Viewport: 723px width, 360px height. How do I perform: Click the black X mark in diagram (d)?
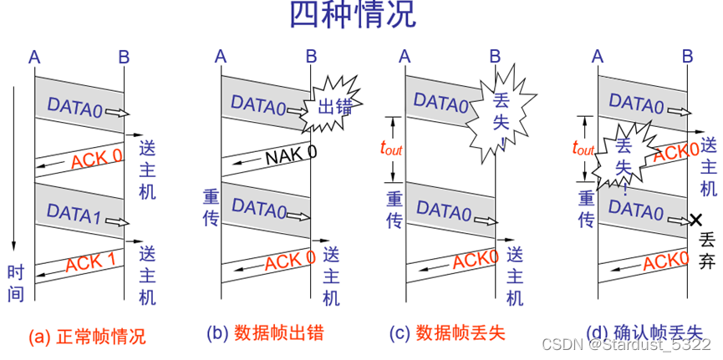695,220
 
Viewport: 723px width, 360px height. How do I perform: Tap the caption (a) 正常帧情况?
87,337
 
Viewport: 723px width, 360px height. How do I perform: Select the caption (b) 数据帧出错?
265,333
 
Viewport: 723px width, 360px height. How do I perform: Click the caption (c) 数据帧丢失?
448,333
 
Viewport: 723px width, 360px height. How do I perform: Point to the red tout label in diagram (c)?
392,148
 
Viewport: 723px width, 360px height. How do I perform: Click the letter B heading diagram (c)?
494,57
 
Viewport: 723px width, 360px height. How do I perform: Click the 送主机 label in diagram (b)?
330,276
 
